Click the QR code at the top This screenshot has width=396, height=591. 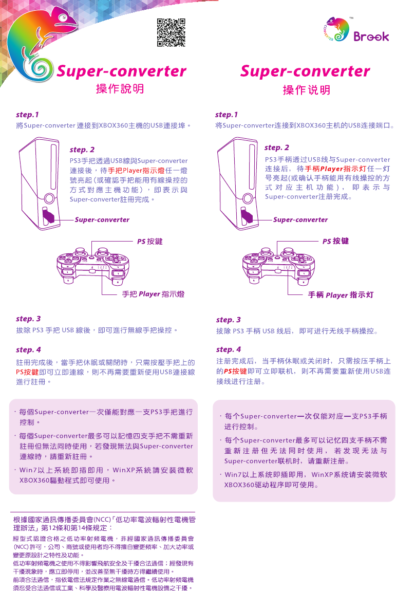[171, 32]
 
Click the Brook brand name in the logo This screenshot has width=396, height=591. [371, 37]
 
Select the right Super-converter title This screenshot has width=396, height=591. [305, 71]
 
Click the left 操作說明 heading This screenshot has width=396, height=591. [120, 89]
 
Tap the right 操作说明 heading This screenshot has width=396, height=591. [307, 90]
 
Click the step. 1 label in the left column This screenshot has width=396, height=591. [27, 115]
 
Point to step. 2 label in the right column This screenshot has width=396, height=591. [277, 147]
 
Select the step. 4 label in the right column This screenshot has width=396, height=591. [229, 350]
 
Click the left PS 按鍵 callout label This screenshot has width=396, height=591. [150, 241]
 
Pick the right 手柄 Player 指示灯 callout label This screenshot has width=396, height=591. [341, 295]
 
